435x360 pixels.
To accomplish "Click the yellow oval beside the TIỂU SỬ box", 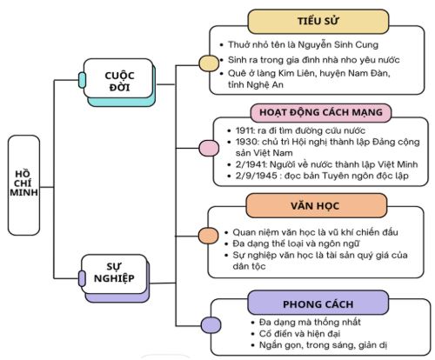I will (x=209, y=63).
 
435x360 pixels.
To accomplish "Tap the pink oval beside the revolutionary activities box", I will (x=209, y=148).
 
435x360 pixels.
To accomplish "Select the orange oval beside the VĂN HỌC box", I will (x=209, y=235).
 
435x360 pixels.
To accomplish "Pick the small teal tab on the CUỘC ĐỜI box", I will (x=82, y=81).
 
